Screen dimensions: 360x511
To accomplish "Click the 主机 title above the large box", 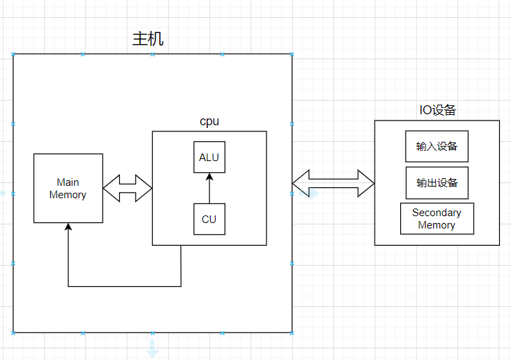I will pyautogui.click(x=148, y=39).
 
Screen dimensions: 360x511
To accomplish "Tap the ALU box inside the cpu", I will pyautogui.click(x=209, y=157).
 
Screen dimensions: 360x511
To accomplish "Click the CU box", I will pyautogui.click(x=209, y=219).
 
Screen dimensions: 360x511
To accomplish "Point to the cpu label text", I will pyautogui.click(x=209, y=121).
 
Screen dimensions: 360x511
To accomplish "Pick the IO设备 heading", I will pyautogui.click(x=438, y=110).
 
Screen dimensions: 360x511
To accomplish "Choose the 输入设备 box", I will pyautogui.click(x=437, y=147).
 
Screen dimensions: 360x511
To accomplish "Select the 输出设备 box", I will pyautogui.click(x=437, y=183).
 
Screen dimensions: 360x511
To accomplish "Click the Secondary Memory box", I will pyautogui.click(x=437, y=219).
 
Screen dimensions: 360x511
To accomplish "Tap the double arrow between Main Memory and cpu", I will pyautogui.click(x=127, y=188).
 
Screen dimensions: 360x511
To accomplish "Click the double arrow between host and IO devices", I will pyautogui.click(x=333, y=184).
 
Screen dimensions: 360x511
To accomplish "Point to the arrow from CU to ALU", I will pyautogui.click(x=209, y=189).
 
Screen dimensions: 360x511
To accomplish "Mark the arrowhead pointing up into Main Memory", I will pyautogui.click(x=67, y=226).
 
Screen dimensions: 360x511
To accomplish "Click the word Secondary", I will pyautogui.click(x=437, y=213).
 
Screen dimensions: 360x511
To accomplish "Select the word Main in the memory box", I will pyautogui.click(x=68, y=182).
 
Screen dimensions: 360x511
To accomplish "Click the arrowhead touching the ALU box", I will pyautogui.click(x=209, y=176).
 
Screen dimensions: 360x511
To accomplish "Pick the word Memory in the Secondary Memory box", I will pyautogui.click(x=437, y=225).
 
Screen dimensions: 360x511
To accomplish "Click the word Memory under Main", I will pyautogui.click(x=68, y=195).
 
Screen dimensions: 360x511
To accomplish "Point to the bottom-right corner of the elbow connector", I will pyautogui.click(x=181, y=286).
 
